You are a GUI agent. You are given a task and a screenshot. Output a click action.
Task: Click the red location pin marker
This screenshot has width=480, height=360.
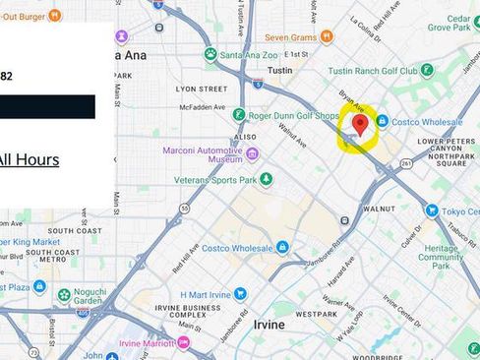click(x=360, y=124)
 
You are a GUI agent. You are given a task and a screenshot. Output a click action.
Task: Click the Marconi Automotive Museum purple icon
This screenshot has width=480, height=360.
click(x=253, y=153)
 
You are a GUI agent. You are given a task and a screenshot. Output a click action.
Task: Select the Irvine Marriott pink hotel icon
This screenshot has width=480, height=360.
click(x=183, y=341)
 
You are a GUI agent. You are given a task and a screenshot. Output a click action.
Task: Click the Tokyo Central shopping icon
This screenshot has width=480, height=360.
click(x=431, y=210)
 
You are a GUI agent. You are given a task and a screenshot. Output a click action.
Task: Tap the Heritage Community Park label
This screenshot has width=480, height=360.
click(x=441, y=257)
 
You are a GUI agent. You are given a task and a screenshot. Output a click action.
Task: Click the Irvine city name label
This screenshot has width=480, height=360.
click(x=268, y=324)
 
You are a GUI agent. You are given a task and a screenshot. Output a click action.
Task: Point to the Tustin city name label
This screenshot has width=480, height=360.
click(x=281, y=71)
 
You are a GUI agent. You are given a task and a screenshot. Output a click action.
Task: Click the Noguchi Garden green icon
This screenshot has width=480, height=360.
click(x=64, y=294)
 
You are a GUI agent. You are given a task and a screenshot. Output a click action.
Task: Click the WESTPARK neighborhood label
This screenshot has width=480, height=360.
click(x=315, y=315)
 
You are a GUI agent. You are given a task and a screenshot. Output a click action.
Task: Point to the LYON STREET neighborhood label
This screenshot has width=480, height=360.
click(x=201, y=89)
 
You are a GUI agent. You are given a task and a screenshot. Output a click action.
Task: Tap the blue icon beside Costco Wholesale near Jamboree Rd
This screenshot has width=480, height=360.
click(x=282, y=247)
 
